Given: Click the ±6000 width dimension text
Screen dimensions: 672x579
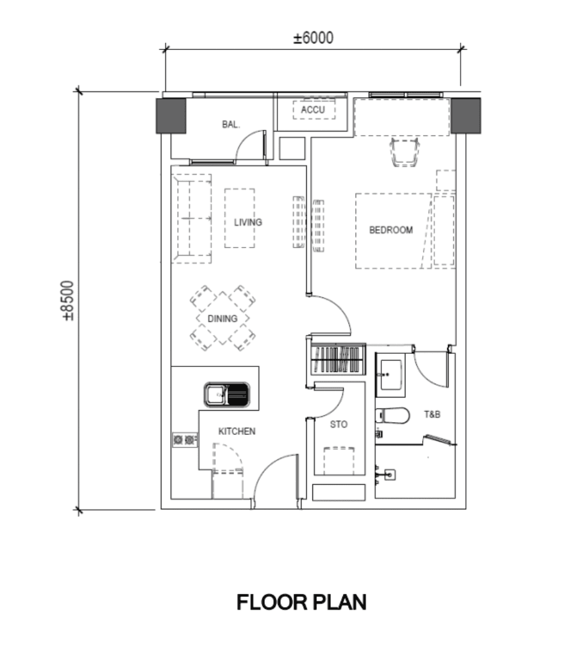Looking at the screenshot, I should pos(313,38).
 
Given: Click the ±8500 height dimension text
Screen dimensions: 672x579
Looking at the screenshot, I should pos(68,300).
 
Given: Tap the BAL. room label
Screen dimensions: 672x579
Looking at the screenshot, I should pos(231,124).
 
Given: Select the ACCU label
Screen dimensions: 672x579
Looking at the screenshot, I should pos(313,109).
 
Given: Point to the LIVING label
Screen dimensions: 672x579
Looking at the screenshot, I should pos(248,222).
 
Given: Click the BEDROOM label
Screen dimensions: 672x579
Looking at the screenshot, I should pos(391,230).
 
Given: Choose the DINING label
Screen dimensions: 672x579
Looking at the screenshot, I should pos(223,318).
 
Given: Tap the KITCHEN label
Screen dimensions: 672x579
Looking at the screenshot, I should pos(237,431).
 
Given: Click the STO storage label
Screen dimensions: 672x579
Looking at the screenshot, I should pos(339,424).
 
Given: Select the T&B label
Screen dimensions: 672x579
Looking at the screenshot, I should pos(432,414).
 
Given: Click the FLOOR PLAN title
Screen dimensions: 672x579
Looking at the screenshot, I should pos(302,603).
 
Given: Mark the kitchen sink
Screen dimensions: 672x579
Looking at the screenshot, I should pos(227,395).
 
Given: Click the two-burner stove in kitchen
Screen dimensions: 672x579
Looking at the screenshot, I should pos(185,440).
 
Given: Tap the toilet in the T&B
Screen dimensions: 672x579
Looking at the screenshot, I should pos(393,415).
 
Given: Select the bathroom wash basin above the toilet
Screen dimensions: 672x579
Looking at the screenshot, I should pos(391,374).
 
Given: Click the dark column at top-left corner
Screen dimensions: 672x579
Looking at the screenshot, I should pos(171,115).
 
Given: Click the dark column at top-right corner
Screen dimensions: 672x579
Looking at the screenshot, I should pos(465,115).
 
